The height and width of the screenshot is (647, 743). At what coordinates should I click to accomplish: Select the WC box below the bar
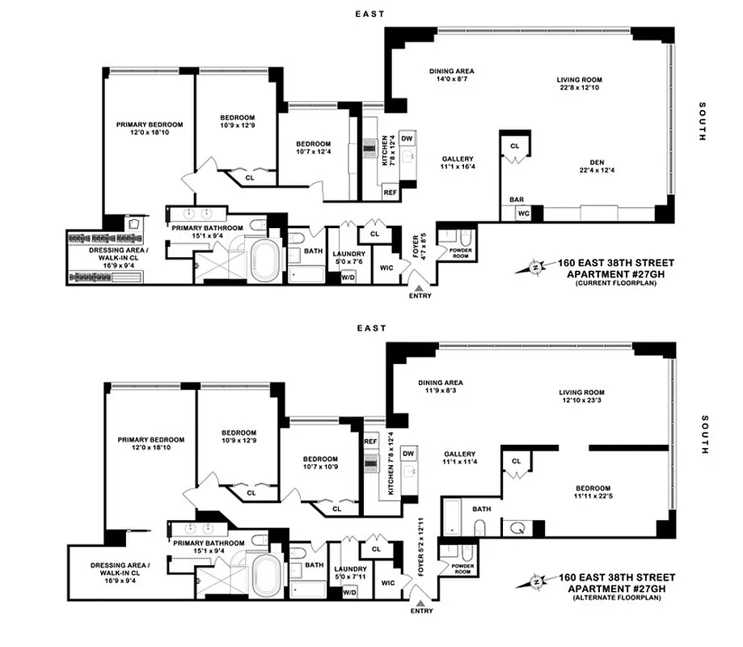point(522,214)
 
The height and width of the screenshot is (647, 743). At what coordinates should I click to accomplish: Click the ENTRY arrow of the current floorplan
point(419,285)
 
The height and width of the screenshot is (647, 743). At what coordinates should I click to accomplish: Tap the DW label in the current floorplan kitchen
point(407,137)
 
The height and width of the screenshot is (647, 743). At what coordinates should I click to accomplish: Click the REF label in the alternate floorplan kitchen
point(371,442)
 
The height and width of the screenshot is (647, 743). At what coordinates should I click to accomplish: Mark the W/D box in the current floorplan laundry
point(348,277)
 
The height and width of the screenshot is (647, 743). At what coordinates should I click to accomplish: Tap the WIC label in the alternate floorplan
point(387,582)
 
